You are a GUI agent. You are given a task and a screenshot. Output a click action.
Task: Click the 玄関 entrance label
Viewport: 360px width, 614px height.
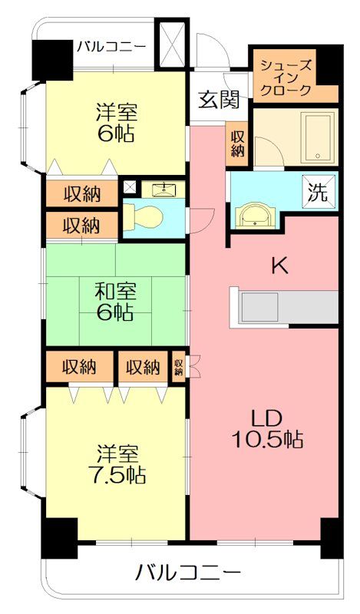point(218,100)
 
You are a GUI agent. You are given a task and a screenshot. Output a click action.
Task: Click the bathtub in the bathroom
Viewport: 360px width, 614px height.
point(318,139)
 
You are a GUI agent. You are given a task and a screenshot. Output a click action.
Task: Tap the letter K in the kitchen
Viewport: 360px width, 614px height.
point(280,266)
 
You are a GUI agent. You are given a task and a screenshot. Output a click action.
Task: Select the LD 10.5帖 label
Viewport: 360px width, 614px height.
point(268,429)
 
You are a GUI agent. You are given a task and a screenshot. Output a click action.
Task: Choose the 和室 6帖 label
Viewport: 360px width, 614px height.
point(116,302)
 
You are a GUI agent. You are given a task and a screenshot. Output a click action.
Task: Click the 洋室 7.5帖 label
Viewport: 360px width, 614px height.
point(117,464)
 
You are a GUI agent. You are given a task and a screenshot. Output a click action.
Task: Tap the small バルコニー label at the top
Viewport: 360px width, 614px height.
point(111,47)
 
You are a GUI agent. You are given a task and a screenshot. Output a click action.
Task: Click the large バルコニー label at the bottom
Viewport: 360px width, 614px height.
point(187,573)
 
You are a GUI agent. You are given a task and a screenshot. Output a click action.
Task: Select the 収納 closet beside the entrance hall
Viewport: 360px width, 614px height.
point(237,144)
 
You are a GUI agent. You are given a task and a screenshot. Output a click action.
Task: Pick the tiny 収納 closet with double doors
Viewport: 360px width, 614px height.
point(179,367)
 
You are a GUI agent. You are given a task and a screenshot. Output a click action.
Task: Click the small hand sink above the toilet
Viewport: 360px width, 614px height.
point(162,190)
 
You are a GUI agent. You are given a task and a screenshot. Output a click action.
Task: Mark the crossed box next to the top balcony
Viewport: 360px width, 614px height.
point(172,45)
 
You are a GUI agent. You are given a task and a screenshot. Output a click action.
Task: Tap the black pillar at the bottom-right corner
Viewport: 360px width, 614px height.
point(332,538)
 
